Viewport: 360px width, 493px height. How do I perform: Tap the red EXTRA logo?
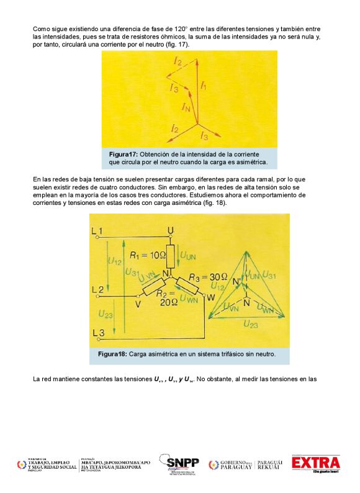coord(316,463)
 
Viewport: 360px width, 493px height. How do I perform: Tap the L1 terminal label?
coord(97,232)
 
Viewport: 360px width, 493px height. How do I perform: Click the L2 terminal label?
coord(97,289)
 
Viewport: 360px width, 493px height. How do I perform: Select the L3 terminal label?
coord(97,333)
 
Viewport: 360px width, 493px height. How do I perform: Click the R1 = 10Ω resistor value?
coord(148,255)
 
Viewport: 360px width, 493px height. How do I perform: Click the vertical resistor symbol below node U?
coord(170,255)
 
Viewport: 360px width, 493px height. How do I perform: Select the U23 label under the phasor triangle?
coord(251,323)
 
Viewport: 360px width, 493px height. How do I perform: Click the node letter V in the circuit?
coord(138,304)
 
